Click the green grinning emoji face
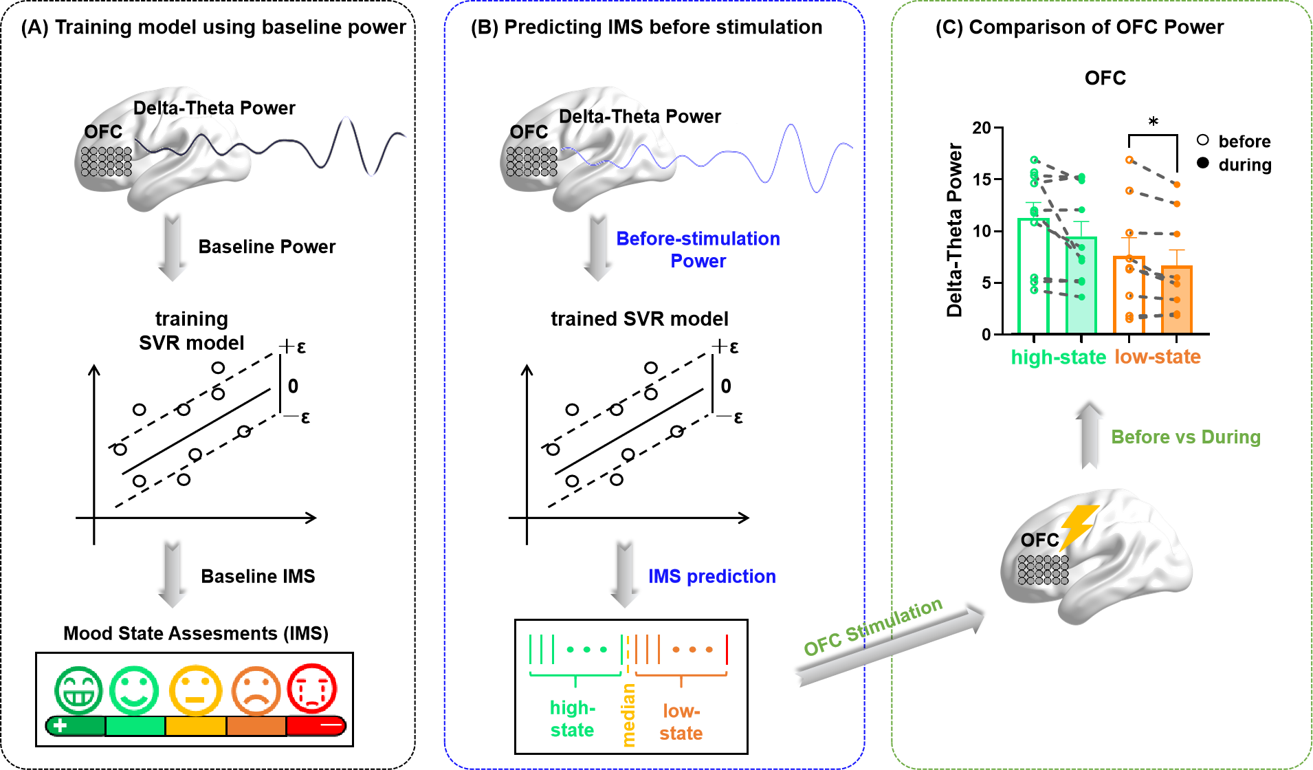[x=79, y=690]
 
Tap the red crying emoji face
[x=312, y=688]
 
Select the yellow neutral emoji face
[x=195, y=690]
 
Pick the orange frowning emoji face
[x=256, y=690]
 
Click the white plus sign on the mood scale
[x=60, y=725]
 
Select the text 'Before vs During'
[x=1185, y=437]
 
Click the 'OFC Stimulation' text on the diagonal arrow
[x=872, y=627]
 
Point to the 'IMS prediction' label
[x=711, y=576]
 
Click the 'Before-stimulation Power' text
[x=698, y=250]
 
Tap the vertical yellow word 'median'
[x=628, y=715]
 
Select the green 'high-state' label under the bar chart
[x=1058, y=357]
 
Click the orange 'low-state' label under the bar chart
[x=1158, y=357]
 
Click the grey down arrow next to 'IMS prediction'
[x=625, y=576]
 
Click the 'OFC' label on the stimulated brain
[x=1038, y=540]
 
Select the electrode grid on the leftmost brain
[x=106, y=162]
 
